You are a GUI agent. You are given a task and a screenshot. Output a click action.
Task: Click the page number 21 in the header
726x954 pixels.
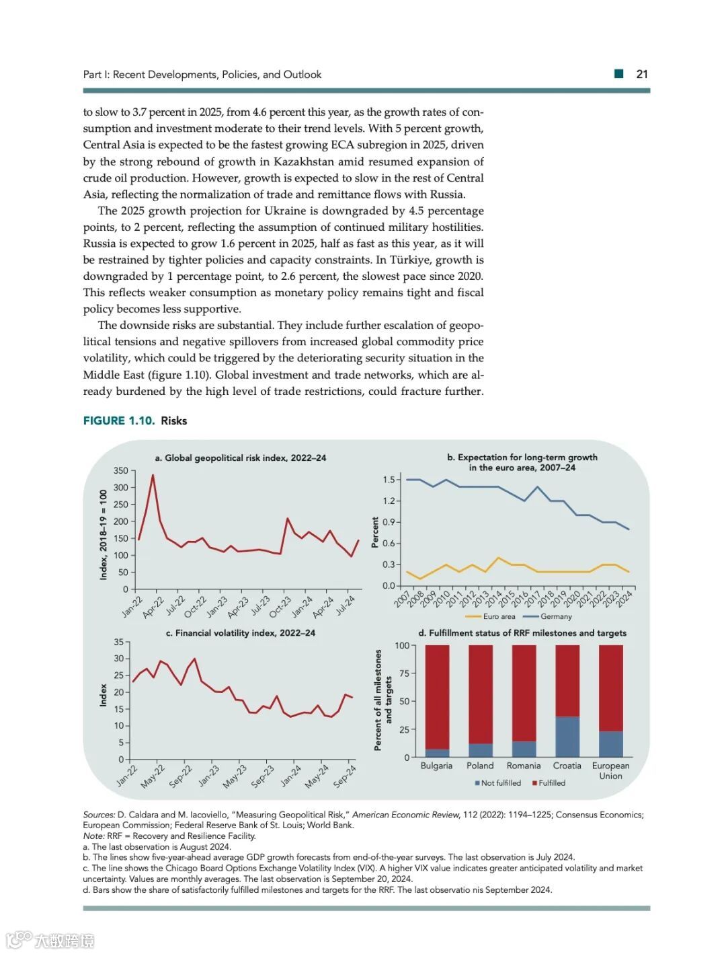click(642, 74)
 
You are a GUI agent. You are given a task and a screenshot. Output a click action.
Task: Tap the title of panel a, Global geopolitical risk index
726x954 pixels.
click(241, 457)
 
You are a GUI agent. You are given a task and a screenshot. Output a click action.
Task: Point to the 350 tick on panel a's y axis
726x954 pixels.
click(121, 471)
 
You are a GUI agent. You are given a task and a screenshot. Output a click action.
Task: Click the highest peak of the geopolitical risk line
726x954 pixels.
click(153, 475)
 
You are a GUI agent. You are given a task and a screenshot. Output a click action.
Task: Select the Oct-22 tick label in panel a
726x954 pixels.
click(195, 606)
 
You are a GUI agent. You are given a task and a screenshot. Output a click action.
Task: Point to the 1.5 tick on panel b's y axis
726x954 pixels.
click(389, 480)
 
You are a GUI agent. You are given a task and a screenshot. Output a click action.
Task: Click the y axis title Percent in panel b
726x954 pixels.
click(375, 532)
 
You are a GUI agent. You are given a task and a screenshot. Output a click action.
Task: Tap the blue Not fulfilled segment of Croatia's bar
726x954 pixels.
click(567, 737)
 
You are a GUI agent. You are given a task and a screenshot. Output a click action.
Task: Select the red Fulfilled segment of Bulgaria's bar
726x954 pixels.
click(438, 696)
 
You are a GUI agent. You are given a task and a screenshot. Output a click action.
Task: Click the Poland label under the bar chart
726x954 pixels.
click(480, 766)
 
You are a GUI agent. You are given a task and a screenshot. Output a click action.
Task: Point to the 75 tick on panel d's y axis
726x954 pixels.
click(403, 673)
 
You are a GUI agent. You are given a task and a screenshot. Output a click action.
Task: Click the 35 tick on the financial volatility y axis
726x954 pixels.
click(119, 642)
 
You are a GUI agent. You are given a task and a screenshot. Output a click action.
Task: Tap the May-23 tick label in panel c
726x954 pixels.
click(235, 776)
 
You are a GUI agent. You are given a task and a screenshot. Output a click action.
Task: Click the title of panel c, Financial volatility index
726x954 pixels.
click(241, 633)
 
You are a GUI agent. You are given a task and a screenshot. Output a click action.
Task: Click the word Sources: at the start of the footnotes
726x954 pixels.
click(99, 815)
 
